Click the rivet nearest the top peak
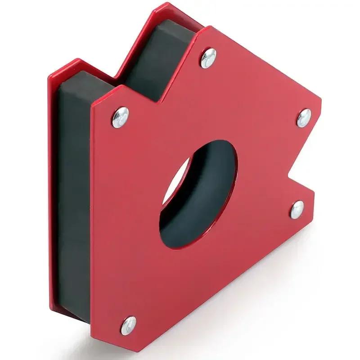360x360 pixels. click(208, 58)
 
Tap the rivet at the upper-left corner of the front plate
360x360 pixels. click(120, 117)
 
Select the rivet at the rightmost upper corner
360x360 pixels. click(305, 117)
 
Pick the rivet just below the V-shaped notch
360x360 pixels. click(297, 209)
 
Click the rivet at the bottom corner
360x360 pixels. click(129, 325)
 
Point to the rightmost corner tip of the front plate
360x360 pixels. click(320, 108)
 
